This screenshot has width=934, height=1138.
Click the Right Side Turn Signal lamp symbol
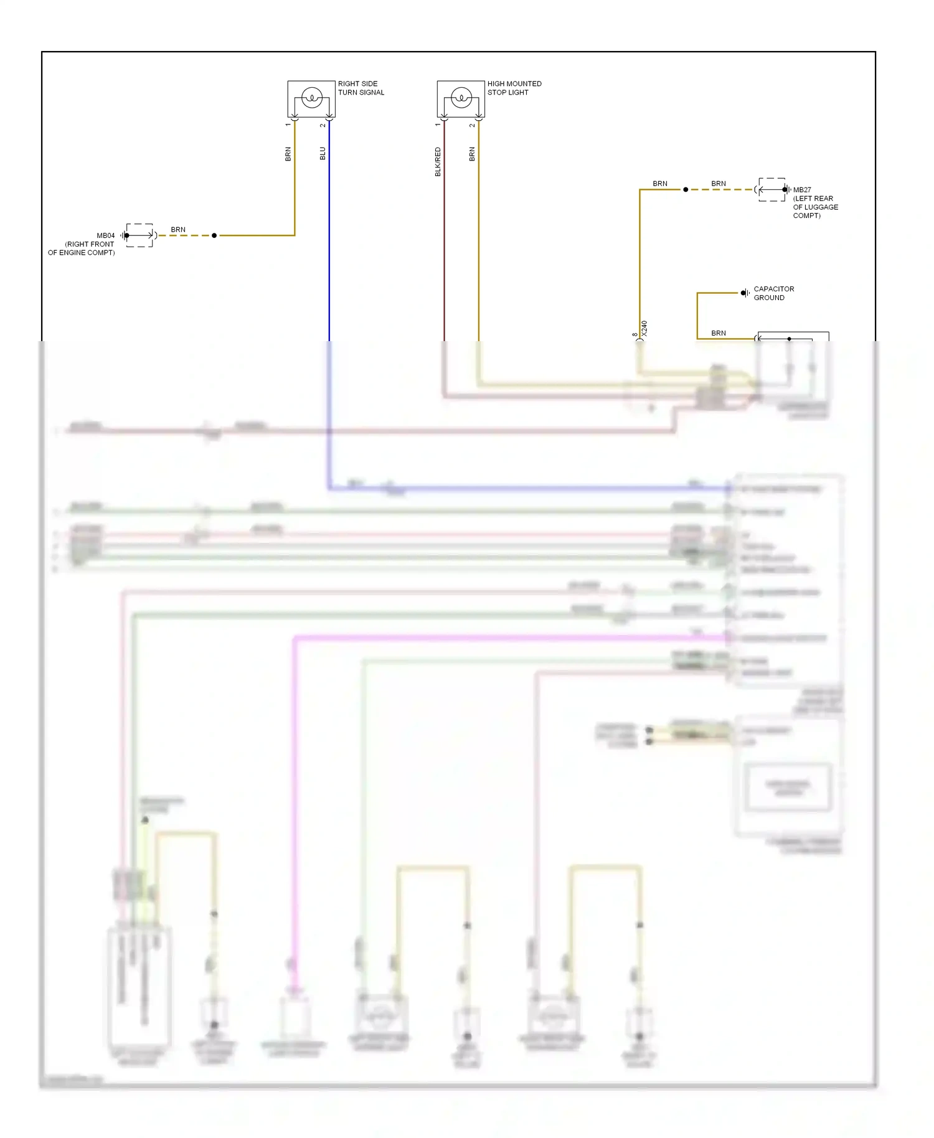point(311,98)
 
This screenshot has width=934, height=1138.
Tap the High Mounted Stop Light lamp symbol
point(461,98)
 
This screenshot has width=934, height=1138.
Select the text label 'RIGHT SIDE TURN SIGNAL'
point(361,88)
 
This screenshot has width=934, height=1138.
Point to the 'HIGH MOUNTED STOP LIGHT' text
point(514,88)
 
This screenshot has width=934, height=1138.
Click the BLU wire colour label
point(323,153)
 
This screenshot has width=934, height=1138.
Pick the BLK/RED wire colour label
point(438,161)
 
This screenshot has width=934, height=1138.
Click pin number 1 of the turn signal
point(288,125)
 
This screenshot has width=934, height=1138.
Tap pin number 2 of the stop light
point(472,125)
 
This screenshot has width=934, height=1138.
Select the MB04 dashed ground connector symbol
point(139,235)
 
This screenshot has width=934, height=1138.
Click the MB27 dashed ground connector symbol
point(772,189)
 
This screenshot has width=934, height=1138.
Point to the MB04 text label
point(106,235)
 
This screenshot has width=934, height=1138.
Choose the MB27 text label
point(802,190)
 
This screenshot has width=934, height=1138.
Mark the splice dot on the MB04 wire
point(214,235)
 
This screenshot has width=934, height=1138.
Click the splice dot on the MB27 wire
point(686,189)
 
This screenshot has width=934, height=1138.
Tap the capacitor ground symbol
point(744,293)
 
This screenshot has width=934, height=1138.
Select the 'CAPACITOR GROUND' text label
point(773,293)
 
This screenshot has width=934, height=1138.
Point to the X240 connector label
point(644,328)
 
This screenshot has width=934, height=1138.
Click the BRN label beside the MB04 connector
point(178,230)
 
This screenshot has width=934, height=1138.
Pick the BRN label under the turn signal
point(288,154)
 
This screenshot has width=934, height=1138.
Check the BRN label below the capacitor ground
point(719,333)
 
